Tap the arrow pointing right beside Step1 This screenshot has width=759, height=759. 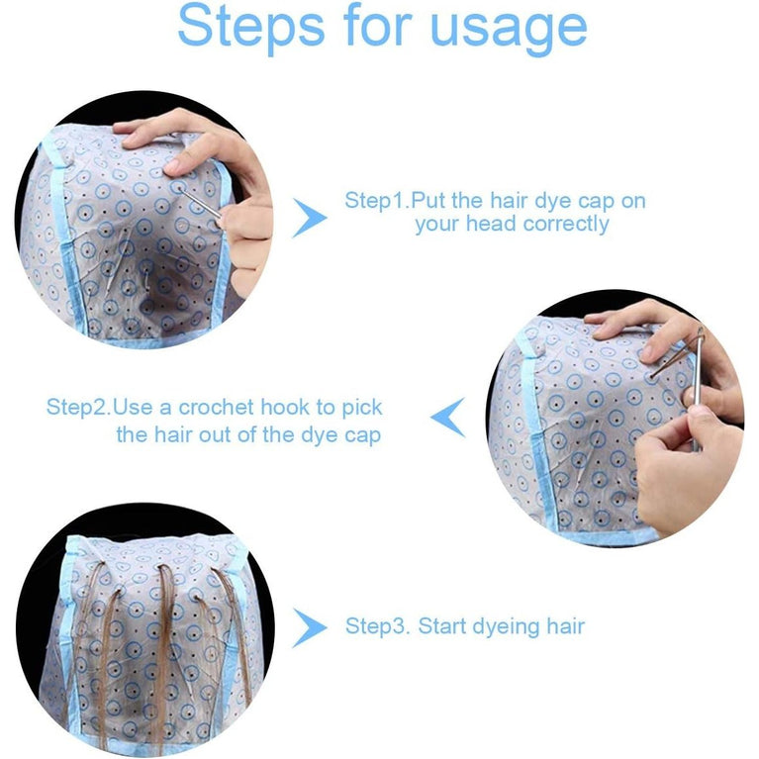pos(309,217)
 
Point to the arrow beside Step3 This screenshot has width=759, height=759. pos(309,626)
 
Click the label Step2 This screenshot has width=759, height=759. pos(78,408)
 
